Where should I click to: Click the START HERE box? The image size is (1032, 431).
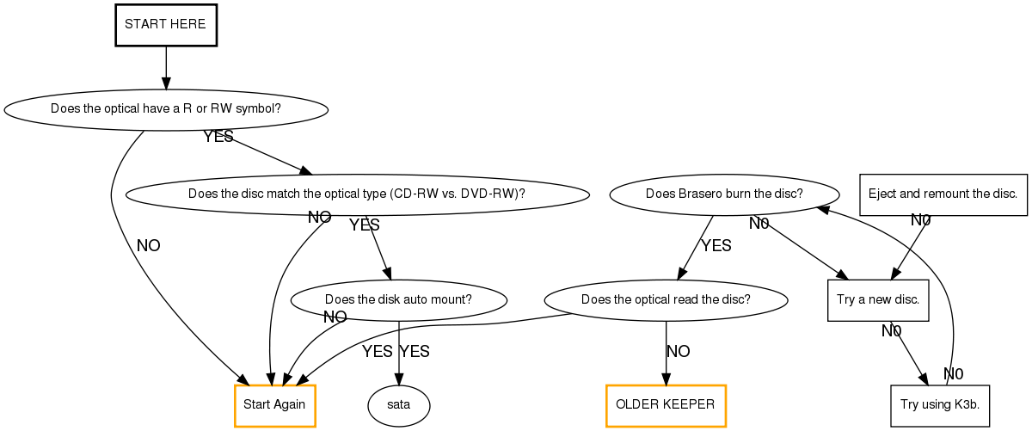165,24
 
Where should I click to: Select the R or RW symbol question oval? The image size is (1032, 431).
166,109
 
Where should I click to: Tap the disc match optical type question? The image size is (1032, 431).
357,194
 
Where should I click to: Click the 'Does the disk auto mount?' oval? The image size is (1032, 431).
399,300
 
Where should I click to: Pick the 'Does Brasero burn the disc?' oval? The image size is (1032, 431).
724,194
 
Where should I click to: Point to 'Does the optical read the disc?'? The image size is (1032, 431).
666,300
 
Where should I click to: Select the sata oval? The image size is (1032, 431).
398,405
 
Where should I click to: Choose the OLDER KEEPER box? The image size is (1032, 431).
666,405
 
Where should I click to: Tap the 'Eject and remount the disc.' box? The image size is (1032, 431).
943,194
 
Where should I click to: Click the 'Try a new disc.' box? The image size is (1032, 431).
878,300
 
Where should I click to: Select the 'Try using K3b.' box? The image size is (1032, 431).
940,405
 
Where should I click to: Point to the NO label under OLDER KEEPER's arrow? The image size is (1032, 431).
679,351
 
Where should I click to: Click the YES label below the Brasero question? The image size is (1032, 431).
716,246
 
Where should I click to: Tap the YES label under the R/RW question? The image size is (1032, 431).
218,137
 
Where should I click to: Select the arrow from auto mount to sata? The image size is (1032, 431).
399,353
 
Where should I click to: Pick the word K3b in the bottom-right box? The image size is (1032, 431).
967,405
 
